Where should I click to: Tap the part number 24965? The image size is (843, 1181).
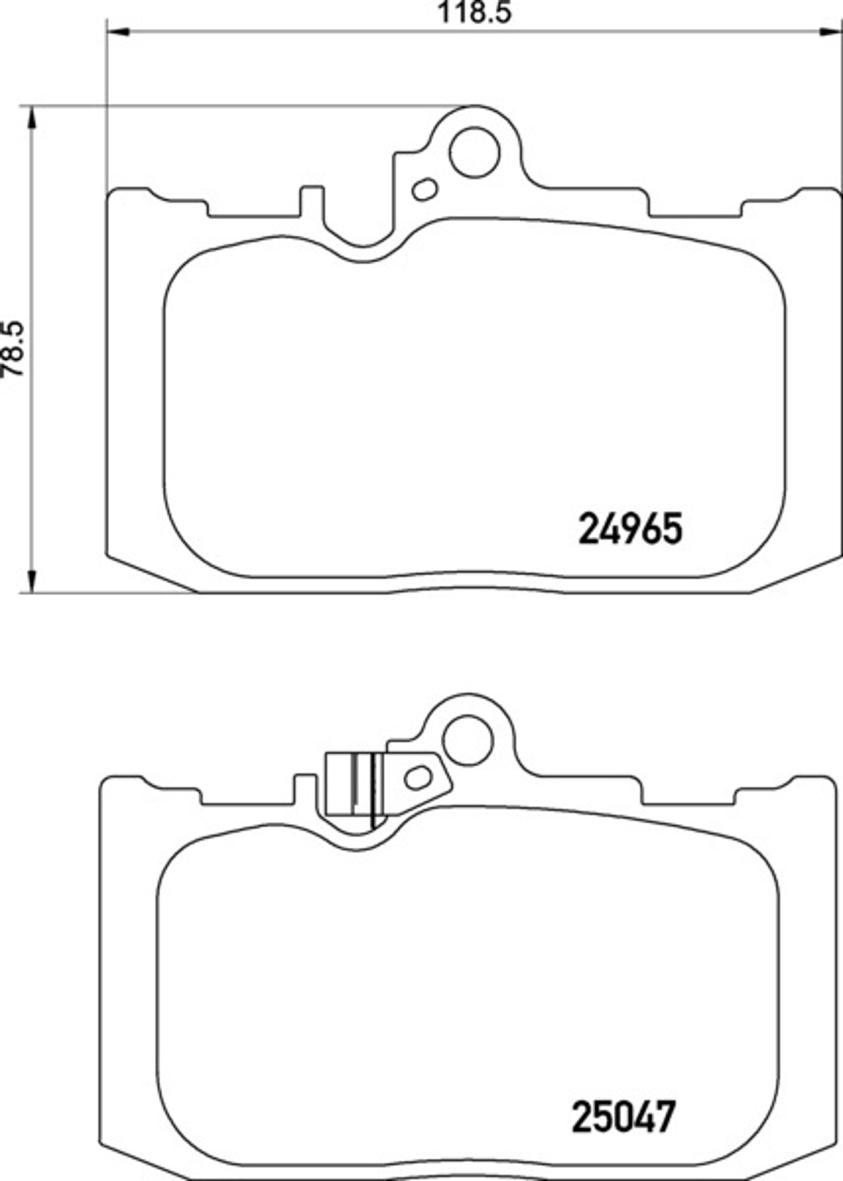tap(630, 529)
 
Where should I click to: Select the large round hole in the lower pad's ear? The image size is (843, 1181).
tap(467, 740)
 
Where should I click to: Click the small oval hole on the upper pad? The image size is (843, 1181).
tap(424, 189)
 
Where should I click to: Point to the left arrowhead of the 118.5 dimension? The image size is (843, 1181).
tap(117, 32)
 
